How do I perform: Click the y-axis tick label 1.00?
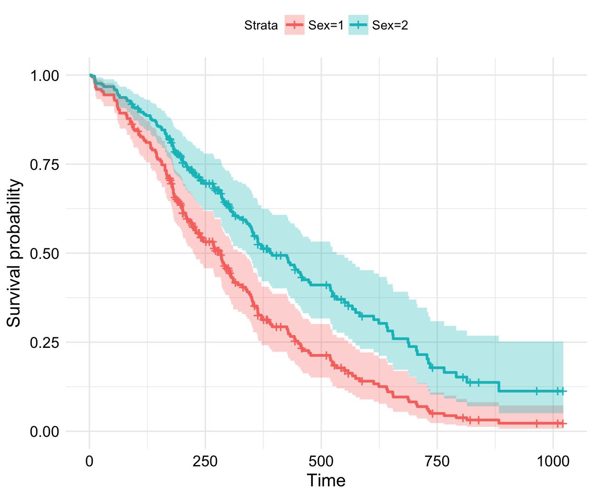45,76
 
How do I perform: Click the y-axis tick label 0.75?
45,165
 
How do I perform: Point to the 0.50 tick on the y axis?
45,254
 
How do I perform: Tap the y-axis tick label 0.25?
45,343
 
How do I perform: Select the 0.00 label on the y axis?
45,432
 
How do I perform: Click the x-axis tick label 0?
89,461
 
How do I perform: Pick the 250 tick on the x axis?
205,461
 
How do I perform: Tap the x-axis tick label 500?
321,461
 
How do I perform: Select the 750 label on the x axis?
437,461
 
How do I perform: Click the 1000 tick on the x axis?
553,461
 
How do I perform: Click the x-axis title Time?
326,480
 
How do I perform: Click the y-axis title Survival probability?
14,253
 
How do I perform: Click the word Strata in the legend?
261,25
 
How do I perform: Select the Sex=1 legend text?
326,25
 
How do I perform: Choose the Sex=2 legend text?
390,25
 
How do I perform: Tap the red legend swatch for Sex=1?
295,25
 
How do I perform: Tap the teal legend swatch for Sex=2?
358,25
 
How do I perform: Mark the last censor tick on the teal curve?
563,391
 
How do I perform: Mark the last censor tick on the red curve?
563,423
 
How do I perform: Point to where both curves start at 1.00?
90,75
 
